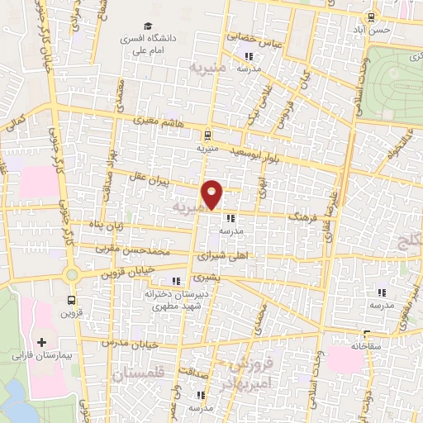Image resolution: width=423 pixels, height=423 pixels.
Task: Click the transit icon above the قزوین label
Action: click(72, 301)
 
